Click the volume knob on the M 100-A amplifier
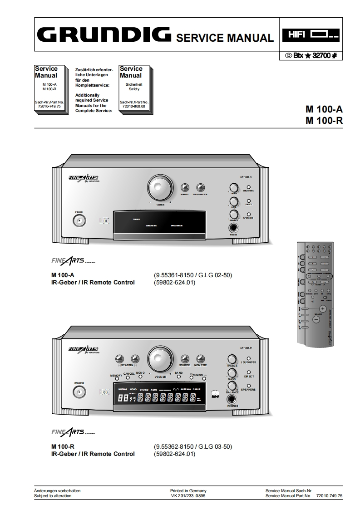(x=160, y=187)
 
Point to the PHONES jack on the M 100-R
(x=233, y=399)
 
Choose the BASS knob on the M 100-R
(x=232, y=373)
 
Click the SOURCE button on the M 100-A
(x=185, y=187)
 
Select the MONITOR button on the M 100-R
(x=200, y=359)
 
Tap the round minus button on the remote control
(x=316, y=319)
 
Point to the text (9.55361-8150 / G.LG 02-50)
(x=193, y=275)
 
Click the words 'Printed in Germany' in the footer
(x=188, y=490)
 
